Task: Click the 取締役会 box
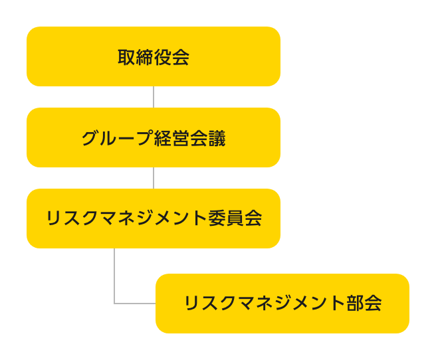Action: [x=154, y=56]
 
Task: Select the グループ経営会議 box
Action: [x=154, y=137]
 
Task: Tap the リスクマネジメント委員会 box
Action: [x=154, y=219]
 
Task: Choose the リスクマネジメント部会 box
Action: [x=282, y=304]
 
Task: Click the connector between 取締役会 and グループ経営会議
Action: [x=154, y=97]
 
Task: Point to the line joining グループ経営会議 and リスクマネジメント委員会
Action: [x=154, y=178]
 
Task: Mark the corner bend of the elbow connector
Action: [x=115, y=304]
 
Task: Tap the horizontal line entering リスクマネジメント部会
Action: [x=136, y=304]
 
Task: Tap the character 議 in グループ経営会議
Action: [x=217, y=138]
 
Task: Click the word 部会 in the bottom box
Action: [x=364, y=304]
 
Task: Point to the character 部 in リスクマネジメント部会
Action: [x=355, y=304]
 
